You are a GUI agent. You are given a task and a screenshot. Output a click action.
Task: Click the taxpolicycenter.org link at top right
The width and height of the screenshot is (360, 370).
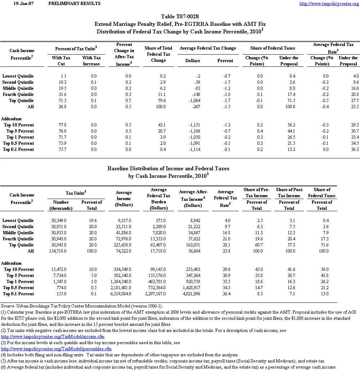pyautogui.click(x=329, y=4)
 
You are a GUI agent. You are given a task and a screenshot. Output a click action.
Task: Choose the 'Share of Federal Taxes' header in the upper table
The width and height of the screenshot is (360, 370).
pyautogui.click(x=273, y=48)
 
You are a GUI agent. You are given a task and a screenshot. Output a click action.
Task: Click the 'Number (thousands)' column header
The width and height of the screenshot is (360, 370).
pyautogui.click(x=61, y=205)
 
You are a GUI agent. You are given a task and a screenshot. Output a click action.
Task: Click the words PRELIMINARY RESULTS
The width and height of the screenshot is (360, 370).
pyautogui.click(x=74, y=4)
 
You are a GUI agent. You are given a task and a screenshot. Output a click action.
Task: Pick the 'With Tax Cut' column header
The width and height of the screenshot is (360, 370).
pyautogui.click(x=61, y=61)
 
